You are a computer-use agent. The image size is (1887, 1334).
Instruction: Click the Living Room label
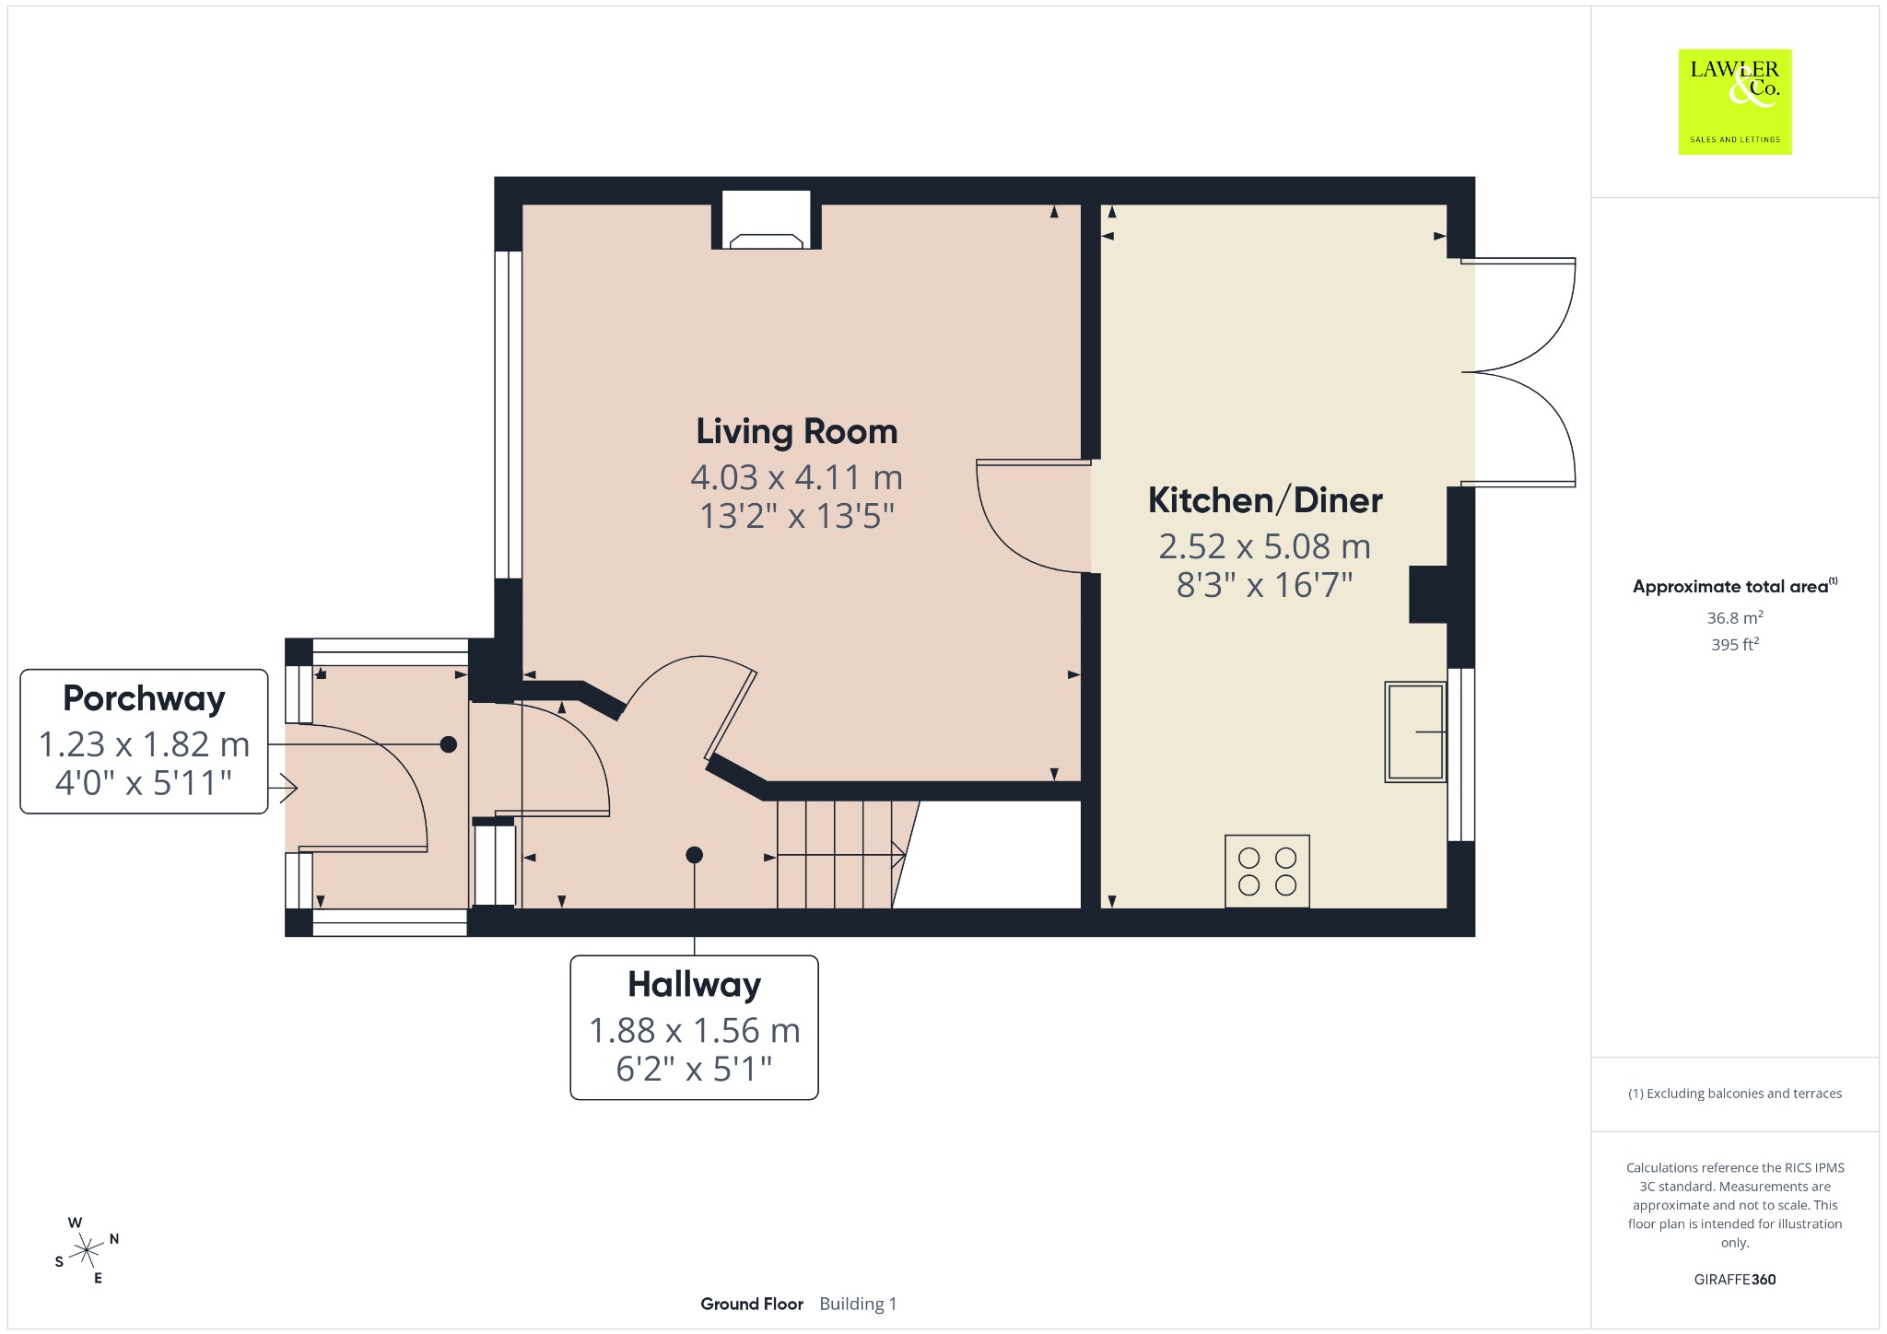(x=796, y=431)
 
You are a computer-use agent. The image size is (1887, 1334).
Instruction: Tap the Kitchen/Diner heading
(x=1265, y=500)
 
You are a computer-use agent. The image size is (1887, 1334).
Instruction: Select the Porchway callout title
(x=144, y=698)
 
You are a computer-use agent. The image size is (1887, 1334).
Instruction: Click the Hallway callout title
(x=694, y=985)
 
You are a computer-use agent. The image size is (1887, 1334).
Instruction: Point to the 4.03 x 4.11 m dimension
(x=796, y=477)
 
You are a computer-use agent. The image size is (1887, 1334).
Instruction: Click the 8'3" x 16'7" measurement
(x=1265, y=585)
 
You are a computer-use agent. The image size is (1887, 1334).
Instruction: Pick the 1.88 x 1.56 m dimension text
(x=694, y=1030)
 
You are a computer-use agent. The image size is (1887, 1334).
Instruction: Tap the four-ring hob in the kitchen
(x=1267, y=872)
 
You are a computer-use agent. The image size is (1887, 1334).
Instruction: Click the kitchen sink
(x=1415, y=732)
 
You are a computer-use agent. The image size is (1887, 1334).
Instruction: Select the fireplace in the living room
(x=766, y=220)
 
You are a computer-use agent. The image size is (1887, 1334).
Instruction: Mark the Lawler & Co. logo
(x=1734, y=101)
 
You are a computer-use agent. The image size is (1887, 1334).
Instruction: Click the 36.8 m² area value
(x=1735, y=618)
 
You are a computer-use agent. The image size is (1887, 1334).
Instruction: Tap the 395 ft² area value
(x=1735, y=645)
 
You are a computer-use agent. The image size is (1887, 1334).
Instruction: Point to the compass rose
(x=87, y=1250)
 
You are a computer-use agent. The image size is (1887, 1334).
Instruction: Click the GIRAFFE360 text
(x=1735, y=1280)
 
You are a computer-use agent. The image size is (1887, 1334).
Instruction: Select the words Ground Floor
(x=752, y=1304)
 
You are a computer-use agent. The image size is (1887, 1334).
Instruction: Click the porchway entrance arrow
(x=283, y=788)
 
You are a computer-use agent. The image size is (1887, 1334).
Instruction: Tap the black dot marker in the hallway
(x=694, y=855)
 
